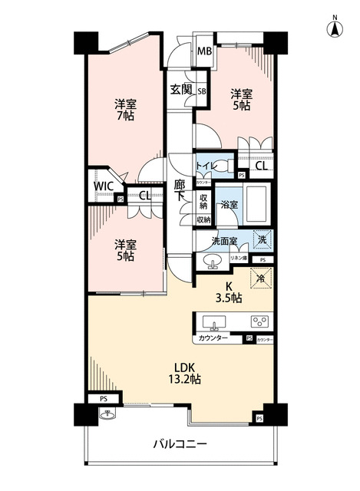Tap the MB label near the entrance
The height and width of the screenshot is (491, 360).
[204, 52]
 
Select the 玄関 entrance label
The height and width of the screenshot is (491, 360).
[182, 91]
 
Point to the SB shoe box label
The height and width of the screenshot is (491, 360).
[202, 91]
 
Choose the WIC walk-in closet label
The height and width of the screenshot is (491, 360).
[103, 186]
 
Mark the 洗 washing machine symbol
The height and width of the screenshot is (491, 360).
[262, 239]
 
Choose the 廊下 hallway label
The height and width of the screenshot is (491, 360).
[180, 190]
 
